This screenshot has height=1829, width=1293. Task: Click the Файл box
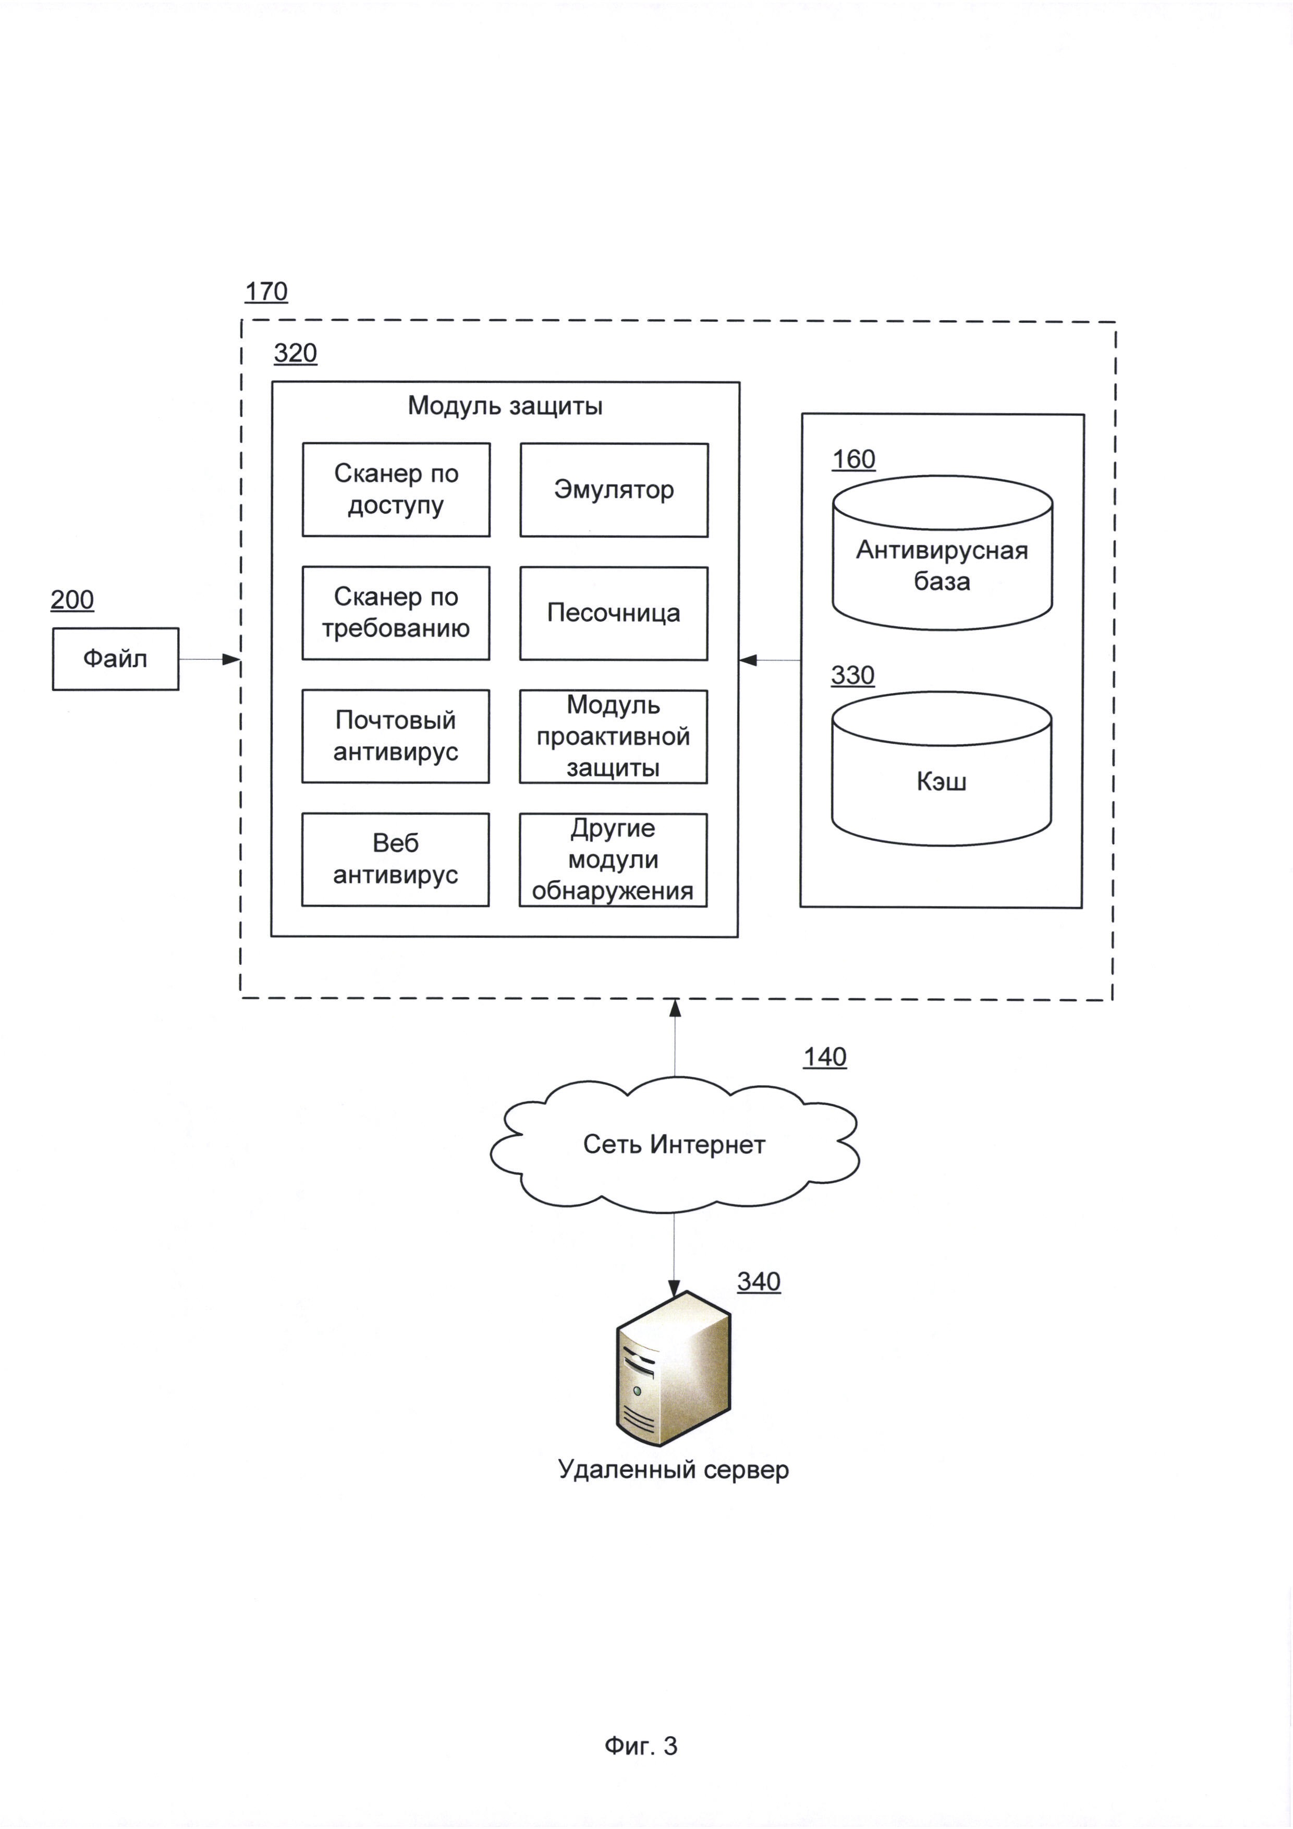(x=115, y=659)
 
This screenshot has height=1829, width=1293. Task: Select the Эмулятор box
(x=614, y=490)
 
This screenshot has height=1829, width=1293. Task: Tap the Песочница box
(x=614, y=613)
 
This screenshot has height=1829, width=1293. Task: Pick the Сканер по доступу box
(x=396, y=490)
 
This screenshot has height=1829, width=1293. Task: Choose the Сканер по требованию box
(x=396, y=613)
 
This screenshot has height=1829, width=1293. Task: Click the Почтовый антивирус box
(x=396, y=736)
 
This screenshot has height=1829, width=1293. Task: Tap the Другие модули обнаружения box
(x=613, y=861)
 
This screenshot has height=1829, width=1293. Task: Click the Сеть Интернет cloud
(x=674, y=1145)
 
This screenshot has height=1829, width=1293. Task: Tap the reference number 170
(x=266, y=293)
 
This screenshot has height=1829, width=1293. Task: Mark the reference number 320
(x=296, y=354)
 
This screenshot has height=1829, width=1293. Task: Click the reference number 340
(x=759, y=1282)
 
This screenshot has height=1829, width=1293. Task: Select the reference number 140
(x=825, y=1057)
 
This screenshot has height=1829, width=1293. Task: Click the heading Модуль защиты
(x=505, y=406)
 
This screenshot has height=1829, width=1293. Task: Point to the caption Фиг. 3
(x=641, y=1746)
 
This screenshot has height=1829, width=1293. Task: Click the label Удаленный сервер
(x=674, y=1470)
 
